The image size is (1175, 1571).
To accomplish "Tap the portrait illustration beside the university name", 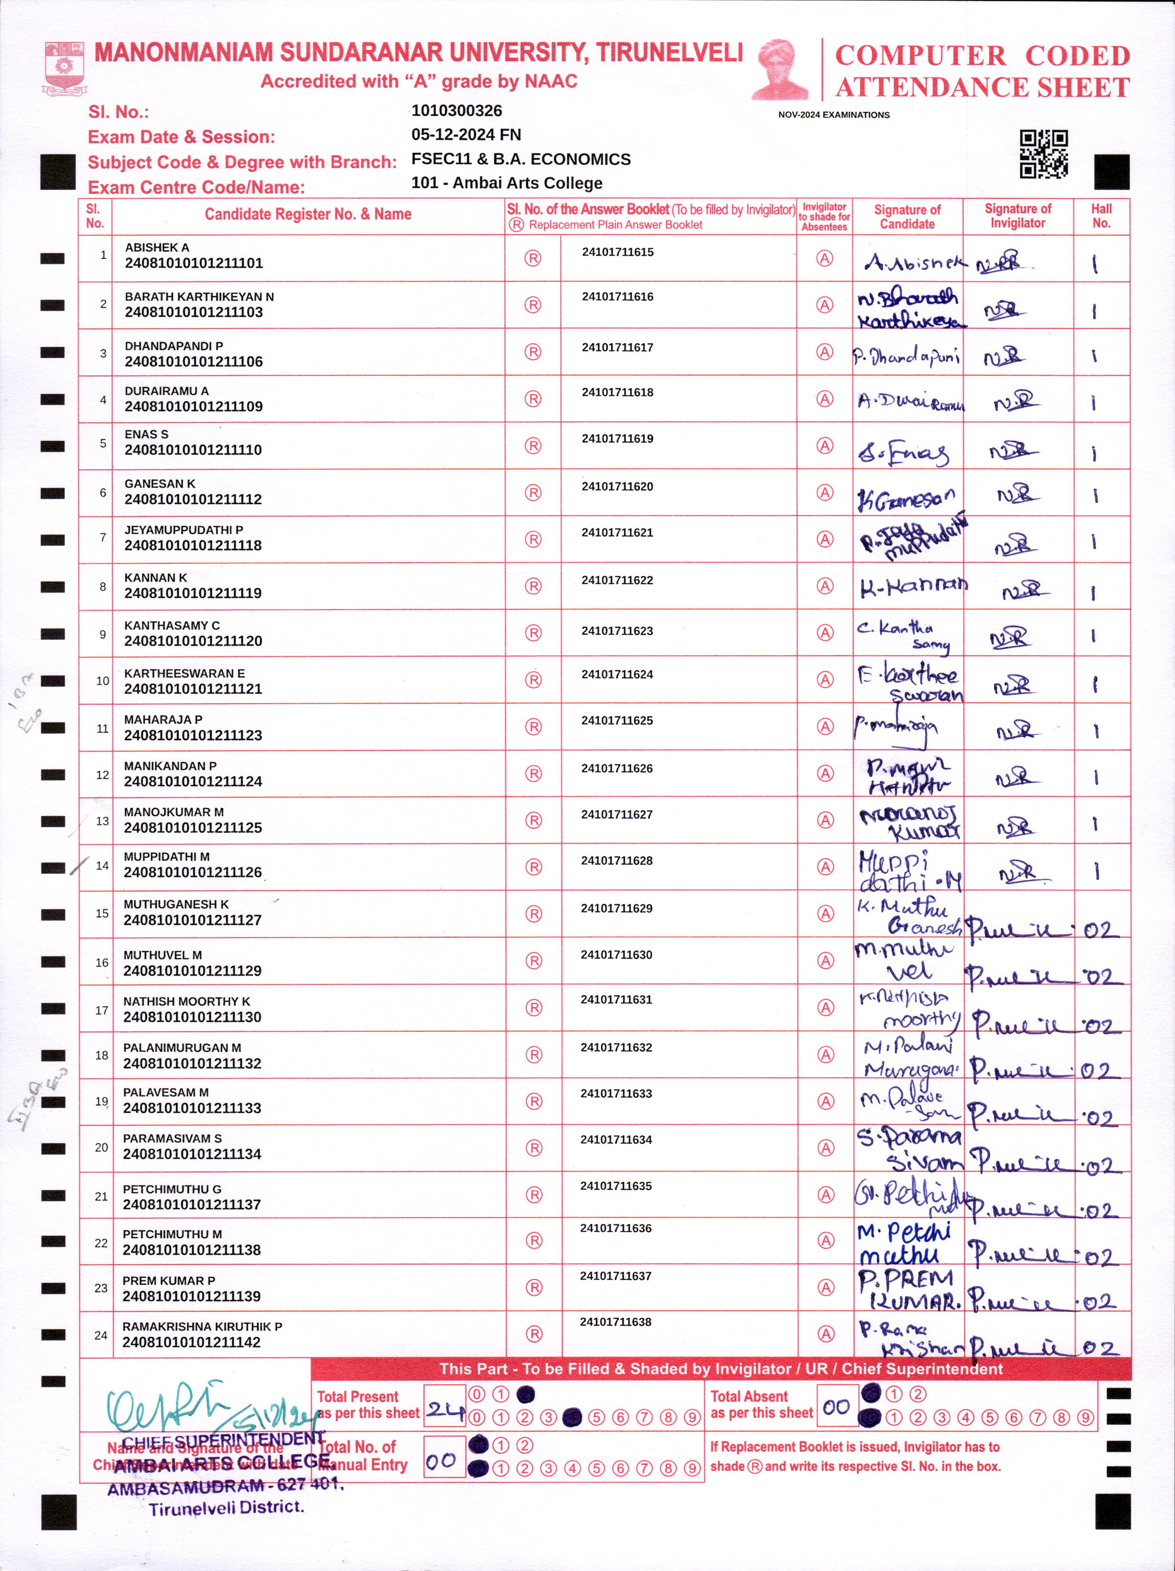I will pyautogui.click(x=780, y=69).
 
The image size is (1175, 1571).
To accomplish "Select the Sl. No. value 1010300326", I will pyautogui.click(x=457, y=111).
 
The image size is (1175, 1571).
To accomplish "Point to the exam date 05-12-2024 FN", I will pyautogui.click(x=466, y=135).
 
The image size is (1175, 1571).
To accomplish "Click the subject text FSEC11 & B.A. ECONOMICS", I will pyautogui.click(x=520, y=159).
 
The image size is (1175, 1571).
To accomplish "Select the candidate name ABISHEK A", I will pyautogui.click(x=157, y=248).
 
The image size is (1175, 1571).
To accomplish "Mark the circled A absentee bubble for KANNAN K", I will pyautogui.click(x=824, y=586).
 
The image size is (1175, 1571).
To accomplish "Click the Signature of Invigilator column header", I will pyautogui.click(x=1017, y=216).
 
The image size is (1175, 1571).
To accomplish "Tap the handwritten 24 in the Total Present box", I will pyautogui.click(x=445, y=1409).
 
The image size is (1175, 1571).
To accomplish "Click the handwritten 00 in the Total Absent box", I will pyautogui.click(x=836, y=1407).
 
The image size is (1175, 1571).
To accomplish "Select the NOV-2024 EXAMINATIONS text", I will pyautogui.click(x=834, y=115).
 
